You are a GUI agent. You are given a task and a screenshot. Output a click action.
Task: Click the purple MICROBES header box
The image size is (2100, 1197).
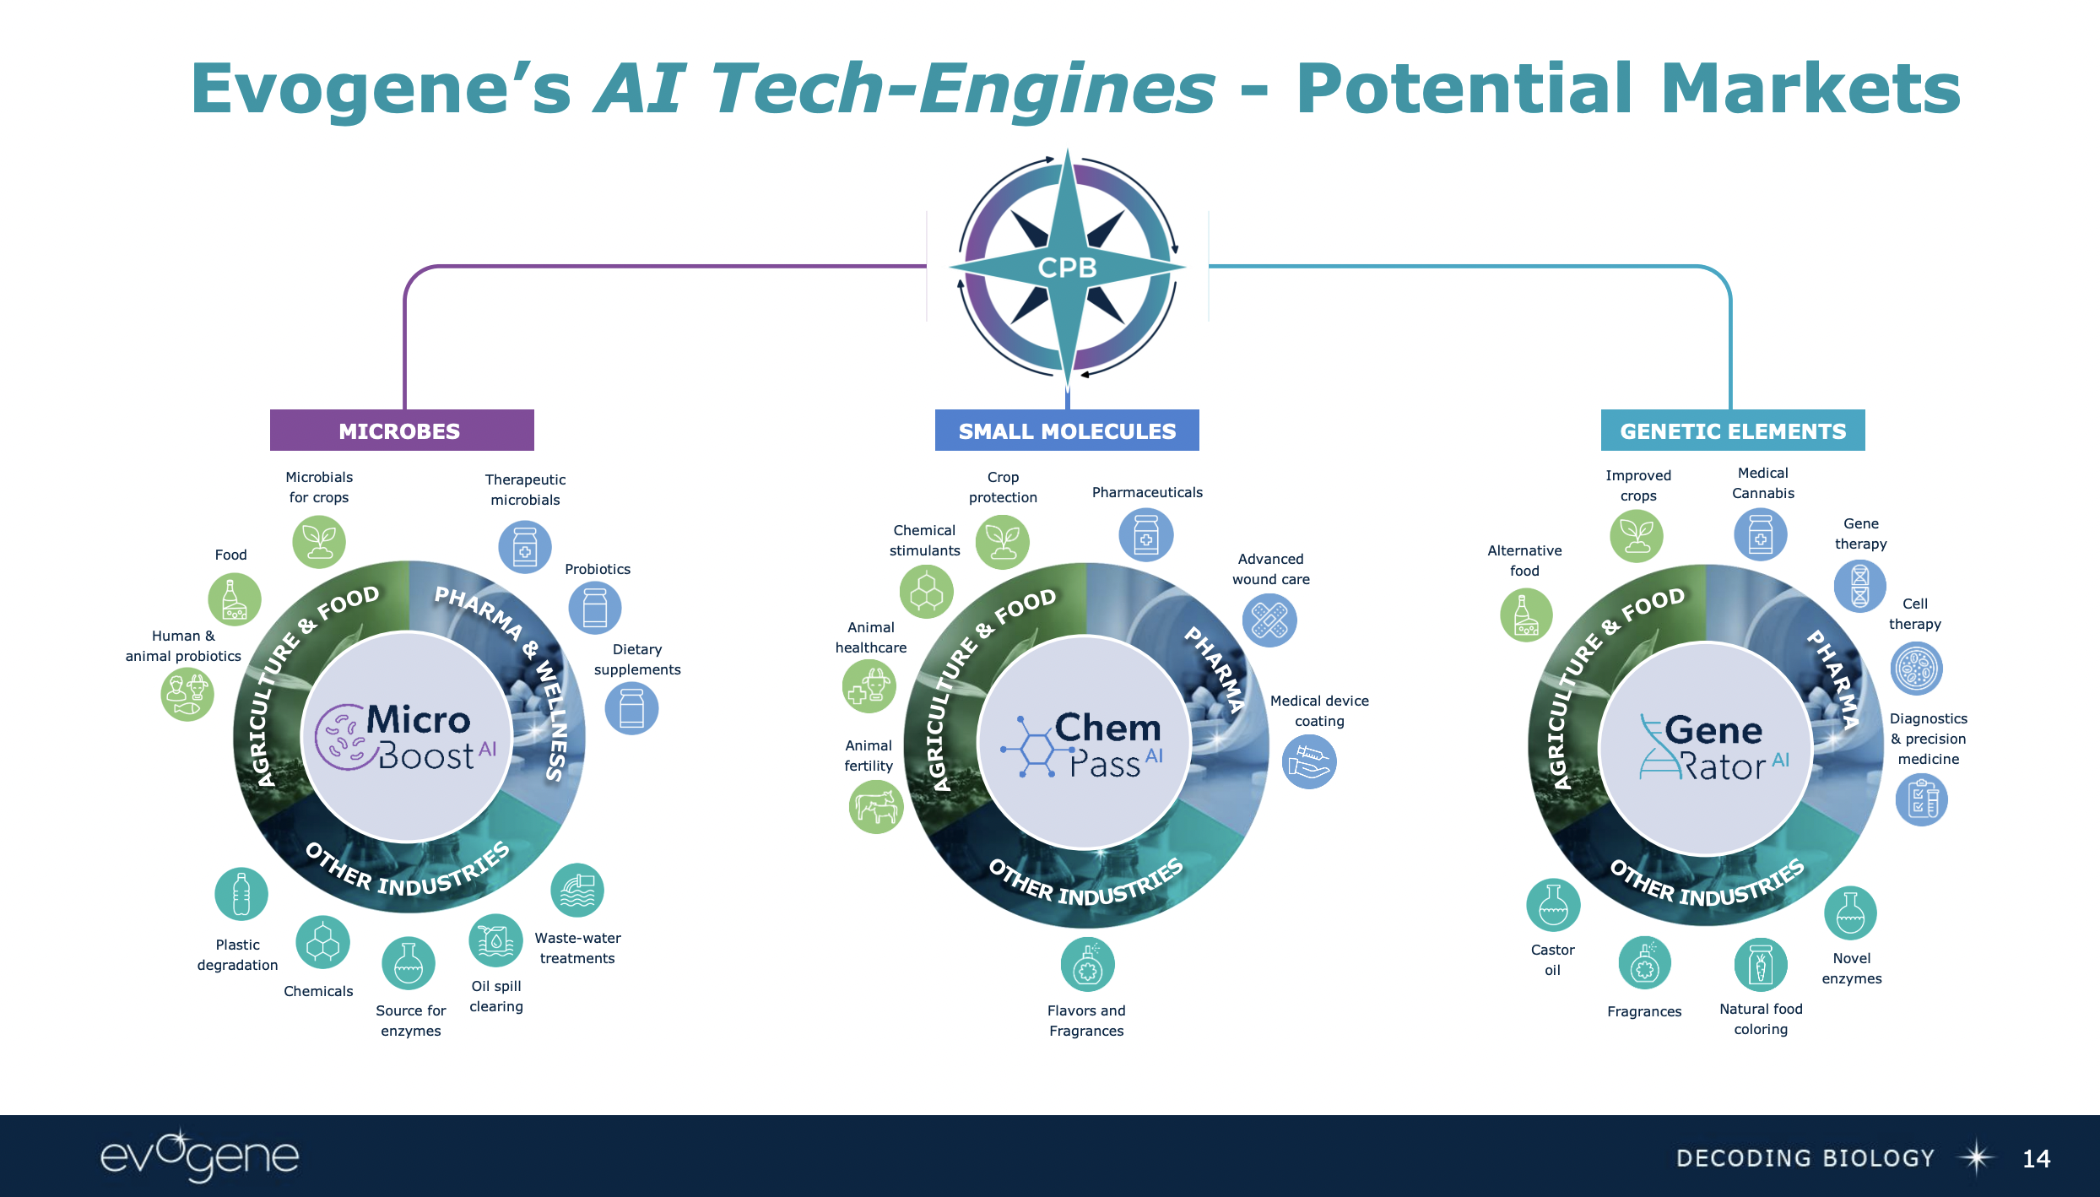point(401,431)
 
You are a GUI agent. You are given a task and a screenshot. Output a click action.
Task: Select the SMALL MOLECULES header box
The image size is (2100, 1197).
point(1067,431)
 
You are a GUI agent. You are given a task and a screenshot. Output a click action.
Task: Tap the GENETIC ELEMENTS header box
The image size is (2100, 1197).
point(1733,431)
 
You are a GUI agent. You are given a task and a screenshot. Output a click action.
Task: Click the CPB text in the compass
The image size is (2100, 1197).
point(1067,268)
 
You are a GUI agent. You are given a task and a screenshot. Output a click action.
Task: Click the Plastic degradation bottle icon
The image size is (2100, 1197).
point(241,894)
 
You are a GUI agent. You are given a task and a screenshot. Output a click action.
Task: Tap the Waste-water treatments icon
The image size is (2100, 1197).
point(577,891)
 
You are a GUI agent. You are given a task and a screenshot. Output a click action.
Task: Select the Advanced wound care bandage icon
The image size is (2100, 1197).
point(1269,620)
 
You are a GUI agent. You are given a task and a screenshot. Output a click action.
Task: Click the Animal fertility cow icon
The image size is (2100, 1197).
point(876,807)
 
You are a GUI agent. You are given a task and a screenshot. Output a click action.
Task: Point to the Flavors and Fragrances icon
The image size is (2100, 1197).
point(1088,965)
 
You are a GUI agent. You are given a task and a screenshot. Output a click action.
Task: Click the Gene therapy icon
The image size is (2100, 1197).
point(1860,586)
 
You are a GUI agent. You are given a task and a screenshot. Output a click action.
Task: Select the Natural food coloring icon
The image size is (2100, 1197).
point(1761,965)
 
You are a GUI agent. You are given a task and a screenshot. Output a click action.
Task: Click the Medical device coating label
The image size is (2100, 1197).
point(1319,711)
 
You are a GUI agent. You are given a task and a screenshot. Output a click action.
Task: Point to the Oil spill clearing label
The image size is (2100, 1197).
point(496,996)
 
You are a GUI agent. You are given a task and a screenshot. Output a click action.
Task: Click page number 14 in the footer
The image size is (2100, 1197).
point(2036,1158)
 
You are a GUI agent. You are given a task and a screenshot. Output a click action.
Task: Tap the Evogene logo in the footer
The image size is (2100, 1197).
point(200,1156)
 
